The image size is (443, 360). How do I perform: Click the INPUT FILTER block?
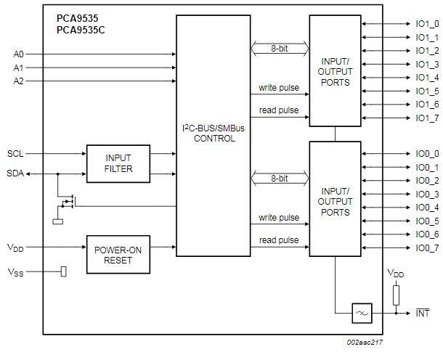tap(118, 164)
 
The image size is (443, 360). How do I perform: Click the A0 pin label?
tap(18, 54)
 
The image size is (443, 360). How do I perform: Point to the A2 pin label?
tap(18, 81)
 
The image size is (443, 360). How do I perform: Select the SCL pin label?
tap(15, 154)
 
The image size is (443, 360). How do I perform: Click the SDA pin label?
tap(15, 173)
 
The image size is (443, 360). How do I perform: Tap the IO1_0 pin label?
tap(427, 24)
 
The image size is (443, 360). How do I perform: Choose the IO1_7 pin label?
tap(427, 118)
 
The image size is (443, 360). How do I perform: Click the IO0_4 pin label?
tap(427, 208)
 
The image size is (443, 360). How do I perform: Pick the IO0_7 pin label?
tap(427, 248)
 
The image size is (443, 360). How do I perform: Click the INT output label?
tap(422, 314)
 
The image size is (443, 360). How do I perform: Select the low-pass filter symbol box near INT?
tap(362, 314)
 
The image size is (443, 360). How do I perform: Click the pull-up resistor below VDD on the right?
tap(397, 294)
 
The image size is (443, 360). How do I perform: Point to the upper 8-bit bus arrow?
tap(279, 49)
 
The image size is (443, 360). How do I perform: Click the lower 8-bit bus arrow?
tap(279, 177)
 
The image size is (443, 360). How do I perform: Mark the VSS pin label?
tap(15, 272)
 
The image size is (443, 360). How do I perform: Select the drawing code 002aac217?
tap(365, 340)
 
